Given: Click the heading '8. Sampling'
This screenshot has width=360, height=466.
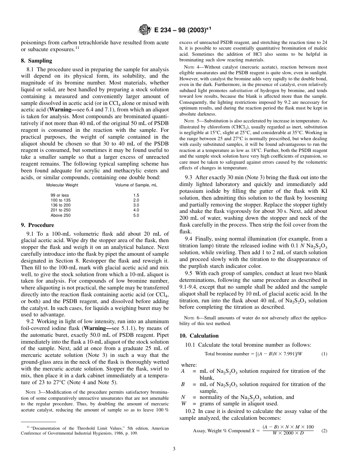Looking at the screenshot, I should (x=36, y=61).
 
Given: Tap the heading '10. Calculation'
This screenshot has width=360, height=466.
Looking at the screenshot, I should (x=199, y=336).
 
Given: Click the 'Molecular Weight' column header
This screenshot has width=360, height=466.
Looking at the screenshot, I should (x=62, y=185).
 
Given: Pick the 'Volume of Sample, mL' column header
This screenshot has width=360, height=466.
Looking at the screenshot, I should (x=136, y=185).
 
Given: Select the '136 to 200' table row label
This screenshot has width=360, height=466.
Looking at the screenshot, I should (x=60, y=205).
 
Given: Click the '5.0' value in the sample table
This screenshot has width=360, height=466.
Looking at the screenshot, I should (x=136, y=215).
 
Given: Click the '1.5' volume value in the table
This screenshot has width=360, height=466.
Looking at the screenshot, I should (x=136, y=195).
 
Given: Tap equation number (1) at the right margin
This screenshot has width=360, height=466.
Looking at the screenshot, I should (x=324, y=354).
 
